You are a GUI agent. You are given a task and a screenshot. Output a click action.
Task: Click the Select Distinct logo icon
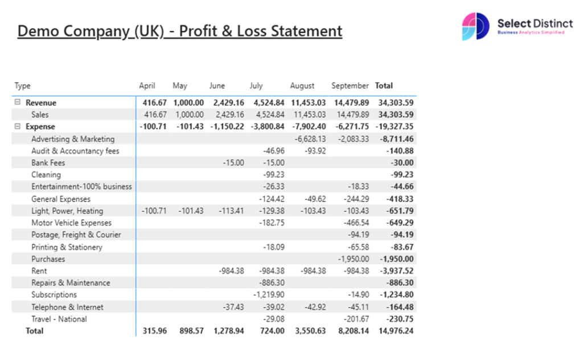tap(475, 27)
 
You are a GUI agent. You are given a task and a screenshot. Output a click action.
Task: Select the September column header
tap(350, 86)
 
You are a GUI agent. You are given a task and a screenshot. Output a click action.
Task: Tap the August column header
tap(302, 86)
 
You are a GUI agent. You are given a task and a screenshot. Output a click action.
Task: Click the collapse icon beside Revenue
tap(17, 103)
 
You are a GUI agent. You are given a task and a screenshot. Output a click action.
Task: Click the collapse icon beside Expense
tap(17, 126)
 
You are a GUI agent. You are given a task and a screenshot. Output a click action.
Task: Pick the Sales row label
tap(40, 114)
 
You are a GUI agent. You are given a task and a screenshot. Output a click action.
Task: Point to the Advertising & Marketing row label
tap(73, 139)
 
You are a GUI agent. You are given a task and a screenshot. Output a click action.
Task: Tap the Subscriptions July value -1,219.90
tap(269, 295)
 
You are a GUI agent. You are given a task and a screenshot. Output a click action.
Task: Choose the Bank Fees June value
tap(233, 163)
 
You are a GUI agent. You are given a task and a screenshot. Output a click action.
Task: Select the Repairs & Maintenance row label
tap(71, 283)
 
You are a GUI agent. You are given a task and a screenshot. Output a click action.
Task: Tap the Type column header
tap(23, 86)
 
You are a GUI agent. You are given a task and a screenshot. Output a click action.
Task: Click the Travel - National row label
tap(59, 320)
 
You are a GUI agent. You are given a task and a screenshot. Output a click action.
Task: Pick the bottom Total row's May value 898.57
tap(188, 331)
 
